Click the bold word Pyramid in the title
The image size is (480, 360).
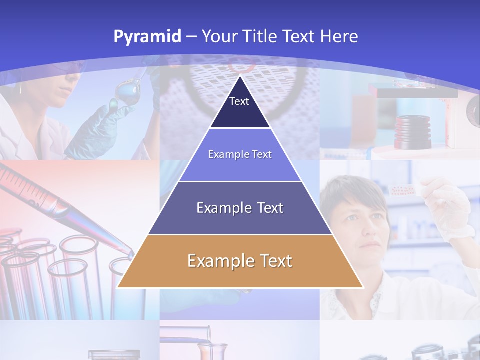(147, 37)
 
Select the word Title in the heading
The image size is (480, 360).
(259, 36)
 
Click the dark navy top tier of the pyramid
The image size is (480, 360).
(240, 107)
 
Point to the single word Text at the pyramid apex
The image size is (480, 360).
(239, 101)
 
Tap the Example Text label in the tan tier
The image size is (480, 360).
(240, 261)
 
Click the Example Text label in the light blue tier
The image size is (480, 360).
(240, 154)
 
